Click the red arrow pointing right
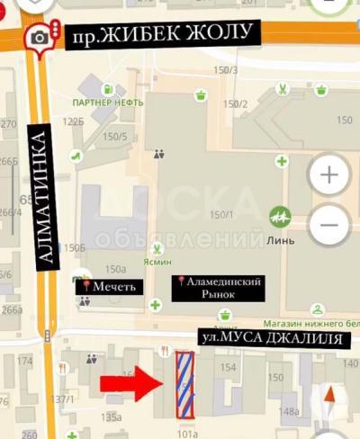click(130, 383)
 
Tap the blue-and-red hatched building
click(184, 385)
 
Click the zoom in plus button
click(329, 175)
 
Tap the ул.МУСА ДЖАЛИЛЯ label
click(271, 338)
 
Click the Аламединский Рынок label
click(219, 288)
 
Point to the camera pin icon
click(39, 38)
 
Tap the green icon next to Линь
click(280, 216)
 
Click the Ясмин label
click(158, 264)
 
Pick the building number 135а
click(112, 417)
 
